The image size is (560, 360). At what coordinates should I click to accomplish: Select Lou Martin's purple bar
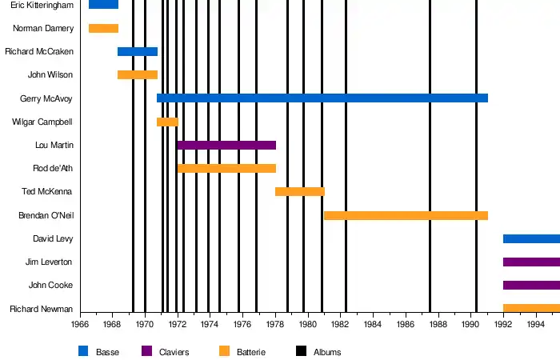(226, 145)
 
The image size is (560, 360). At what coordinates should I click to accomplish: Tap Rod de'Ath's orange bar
(226, 169)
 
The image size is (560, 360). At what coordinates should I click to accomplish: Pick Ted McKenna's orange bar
(300, 192)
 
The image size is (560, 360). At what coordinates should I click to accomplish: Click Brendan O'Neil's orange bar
(406, 215)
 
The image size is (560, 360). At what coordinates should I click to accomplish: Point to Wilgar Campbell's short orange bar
(167, 122)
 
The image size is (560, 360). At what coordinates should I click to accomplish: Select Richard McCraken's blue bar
(138, 52)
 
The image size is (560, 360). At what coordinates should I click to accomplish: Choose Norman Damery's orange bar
(103, 29)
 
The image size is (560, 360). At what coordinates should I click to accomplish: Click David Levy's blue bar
(531, 238)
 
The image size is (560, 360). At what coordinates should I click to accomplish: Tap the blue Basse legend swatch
(83, 351)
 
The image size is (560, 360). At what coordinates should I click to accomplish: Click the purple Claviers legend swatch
(146, 351)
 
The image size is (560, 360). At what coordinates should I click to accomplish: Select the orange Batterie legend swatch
(224, 351)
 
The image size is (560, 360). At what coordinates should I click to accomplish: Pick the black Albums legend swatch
(301, 351)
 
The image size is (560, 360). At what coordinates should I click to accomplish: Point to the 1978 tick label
(274, 324)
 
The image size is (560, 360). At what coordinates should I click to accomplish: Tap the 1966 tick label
(80, 324)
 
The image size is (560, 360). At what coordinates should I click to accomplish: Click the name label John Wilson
(50, 75)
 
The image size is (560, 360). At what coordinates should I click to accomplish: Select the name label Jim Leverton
(50, 262)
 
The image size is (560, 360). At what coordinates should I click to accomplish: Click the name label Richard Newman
(42, 309)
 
